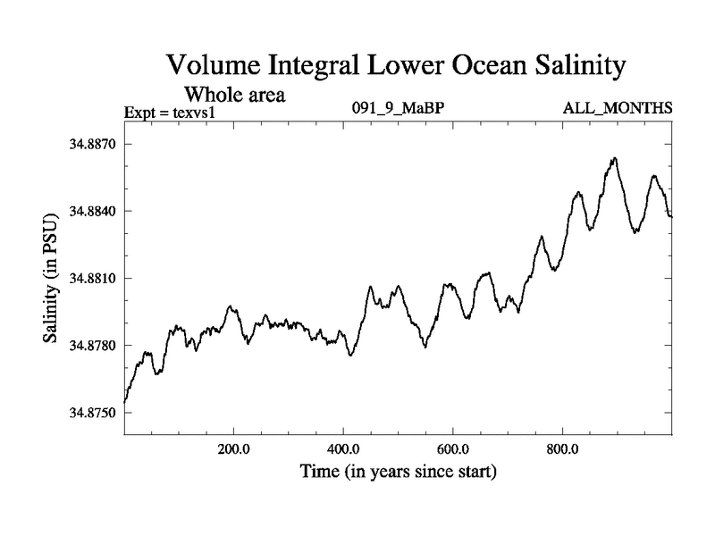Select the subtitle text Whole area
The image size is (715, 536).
234,94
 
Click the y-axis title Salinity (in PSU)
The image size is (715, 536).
50,279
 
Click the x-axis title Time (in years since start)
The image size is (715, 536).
398,471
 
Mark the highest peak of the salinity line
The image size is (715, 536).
615,158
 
